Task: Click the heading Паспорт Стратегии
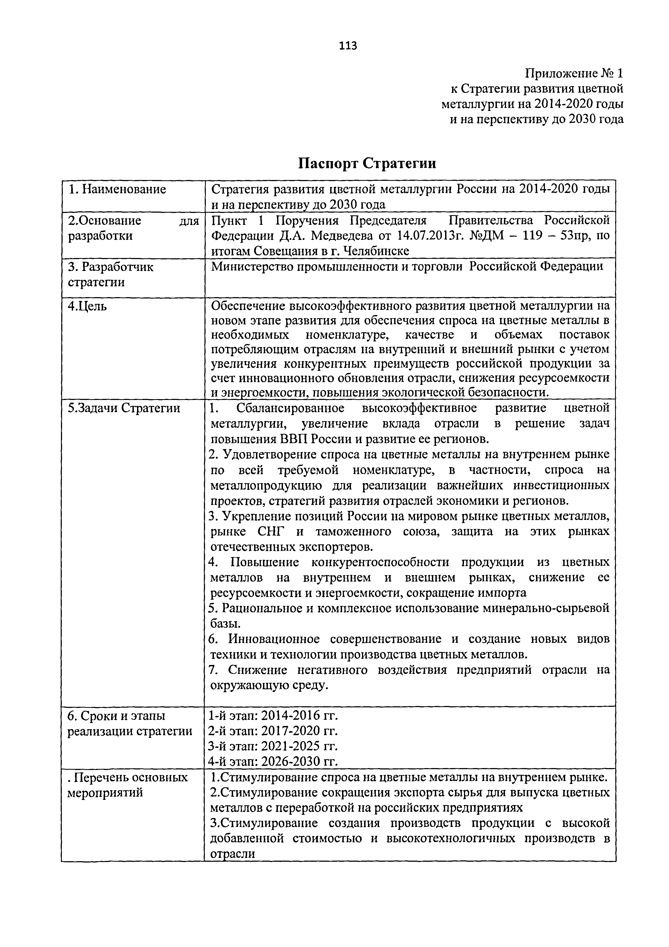(x=367, y=164)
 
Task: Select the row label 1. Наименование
(x=117, y=190)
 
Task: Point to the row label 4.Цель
(x=87, y=307)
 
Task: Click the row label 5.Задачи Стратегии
(x=124, y=408)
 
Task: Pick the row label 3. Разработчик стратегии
(x=111, y=275)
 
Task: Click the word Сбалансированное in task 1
(x=290, y=408)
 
